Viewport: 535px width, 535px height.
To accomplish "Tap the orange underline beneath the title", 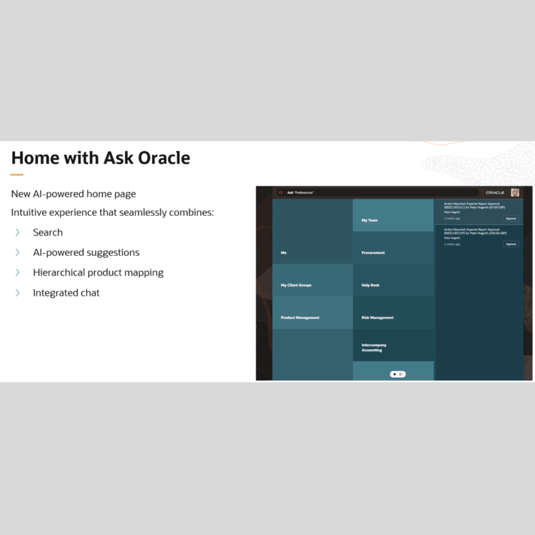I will point(17,175).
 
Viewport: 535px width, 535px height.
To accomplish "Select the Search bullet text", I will point(48,232).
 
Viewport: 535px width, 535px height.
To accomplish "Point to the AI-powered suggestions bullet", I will point(86,252).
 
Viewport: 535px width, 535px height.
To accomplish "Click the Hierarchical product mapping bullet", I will point(98,273).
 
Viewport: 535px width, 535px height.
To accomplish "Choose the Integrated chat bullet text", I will point(66,293).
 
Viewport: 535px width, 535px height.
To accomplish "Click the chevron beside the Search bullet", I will point(17,232).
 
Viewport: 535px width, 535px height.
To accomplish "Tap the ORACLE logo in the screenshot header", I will point(495,193).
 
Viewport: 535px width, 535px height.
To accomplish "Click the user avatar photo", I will point(515,192).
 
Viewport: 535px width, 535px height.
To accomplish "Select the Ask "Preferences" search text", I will point(300,193).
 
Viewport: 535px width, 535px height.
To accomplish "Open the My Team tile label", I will point(369,220).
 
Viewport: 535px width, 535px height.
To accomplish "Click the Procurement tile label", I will point(373,253).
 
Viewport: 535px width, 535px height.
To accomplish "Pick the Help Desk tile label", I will point(370,285).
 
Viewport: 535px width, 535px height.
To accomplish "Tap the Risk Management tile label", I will point(377,318).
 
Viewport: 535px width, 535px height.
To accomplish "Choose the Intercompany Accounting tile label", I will point(374,347).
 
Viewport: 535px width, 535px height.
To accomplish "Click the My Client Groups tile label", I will point(296,285).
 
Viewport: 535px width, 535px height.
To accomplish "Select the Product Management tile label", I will point(300,318).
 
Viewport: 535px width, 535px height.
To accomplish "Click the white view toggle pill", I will point(398,374).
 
